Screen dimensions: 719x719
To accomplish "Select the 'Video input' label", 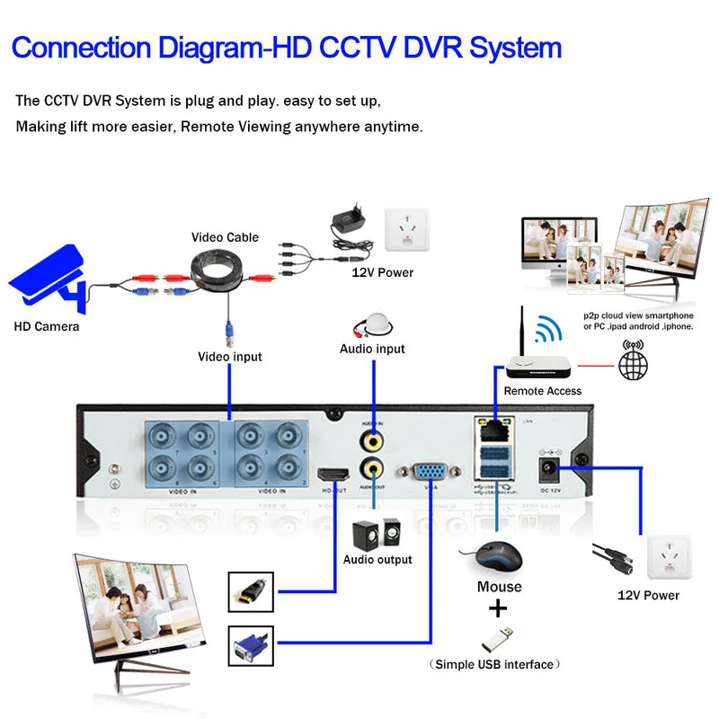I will (x=230, y=357).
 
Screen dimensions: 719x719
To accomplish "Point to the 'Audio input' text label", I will (x=372, y=349).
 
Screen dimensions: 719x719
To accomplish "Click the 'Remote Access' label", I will (x=542, y=391).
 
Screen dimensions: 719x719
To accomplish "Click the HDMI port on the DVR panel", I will (x=334, y=473).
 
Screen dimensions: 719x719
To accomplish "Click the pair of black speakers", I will (x=377, y=532).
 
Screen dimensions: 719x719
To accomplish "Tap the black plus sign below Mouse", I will (x=497, y=609).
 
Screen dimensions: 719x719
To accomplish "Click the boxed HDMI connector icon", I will (x=252, y=590).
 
